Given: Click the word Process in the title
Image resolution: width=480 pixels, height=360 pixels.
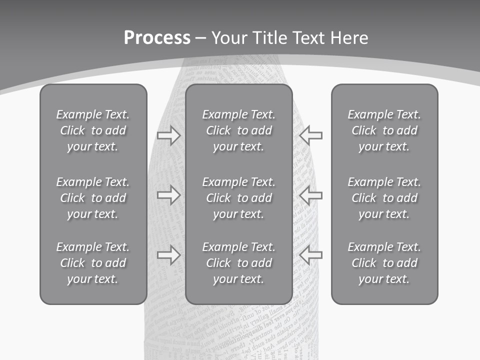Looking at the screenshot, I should [x=157, y=38].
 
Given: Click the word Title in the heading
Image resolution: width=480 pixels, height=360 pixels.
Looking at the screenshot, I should [x=269, y=38].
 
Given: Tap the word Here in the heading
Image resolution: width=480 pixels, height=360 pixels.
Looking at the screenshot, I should [x=348, y=38].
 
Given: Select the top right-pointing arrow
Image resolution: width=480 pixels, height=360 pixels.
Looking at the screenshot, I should [x=168, y=135].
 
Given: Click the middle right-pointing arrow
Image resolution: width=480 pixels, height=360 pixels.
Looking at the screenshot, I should [x=168, y=195].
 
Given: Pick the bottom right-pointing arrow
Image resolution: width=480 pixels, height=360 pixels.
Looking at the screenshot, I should [x=168, y=255].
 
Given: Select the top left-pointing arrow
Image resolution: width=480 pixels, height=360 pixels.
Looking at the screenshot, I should [x=311, y=135].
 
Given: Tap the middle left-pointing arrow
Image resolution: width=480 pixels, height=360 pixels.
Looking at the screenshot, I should [x=311, y=195].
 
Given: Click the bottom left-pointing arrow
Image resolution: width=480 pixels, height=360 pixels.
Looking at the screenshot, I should [x=311, y=255].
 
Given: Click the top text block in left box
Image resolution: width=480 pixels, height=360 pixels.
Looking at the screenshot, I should [x=93, y=130].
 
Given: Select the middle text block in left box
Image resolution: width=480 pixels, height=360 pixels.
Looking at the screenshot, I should [x=93, y=198].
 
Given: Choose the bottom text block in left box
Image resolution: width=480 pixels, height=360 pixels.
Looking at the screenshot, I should [x=93, y=263].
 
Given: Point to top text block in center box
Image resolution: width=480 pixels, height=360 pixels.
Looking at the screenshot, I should [x=239, y=130].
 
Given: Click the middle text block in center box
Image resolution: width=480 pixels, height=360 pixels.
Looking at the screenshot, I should [x=239, y=198].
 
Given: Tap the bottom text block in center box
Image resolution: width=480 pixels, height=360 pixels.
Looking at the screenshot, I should [x=239, y=263].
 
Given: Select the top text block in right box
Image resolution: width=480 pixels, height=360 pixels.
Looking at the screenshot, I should [x=384, y=130].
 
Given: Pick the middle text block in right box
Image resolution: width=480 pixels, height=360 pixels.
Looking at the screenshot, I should [x=384, y=198].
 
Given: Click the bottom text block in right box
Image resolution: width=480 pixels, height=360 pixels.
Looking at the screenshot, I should [x=384, y=263].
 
